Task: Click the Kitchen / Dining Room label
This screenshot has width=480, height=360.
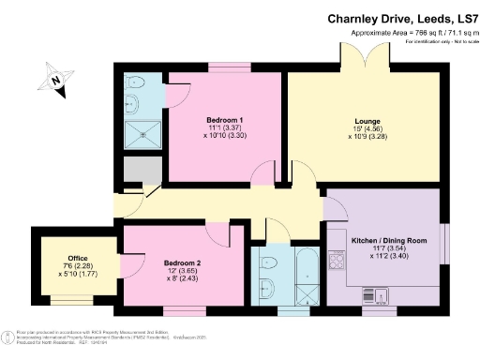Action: (389, 241)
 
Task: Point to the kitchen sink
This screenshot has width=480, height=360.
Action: (382, 297)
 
